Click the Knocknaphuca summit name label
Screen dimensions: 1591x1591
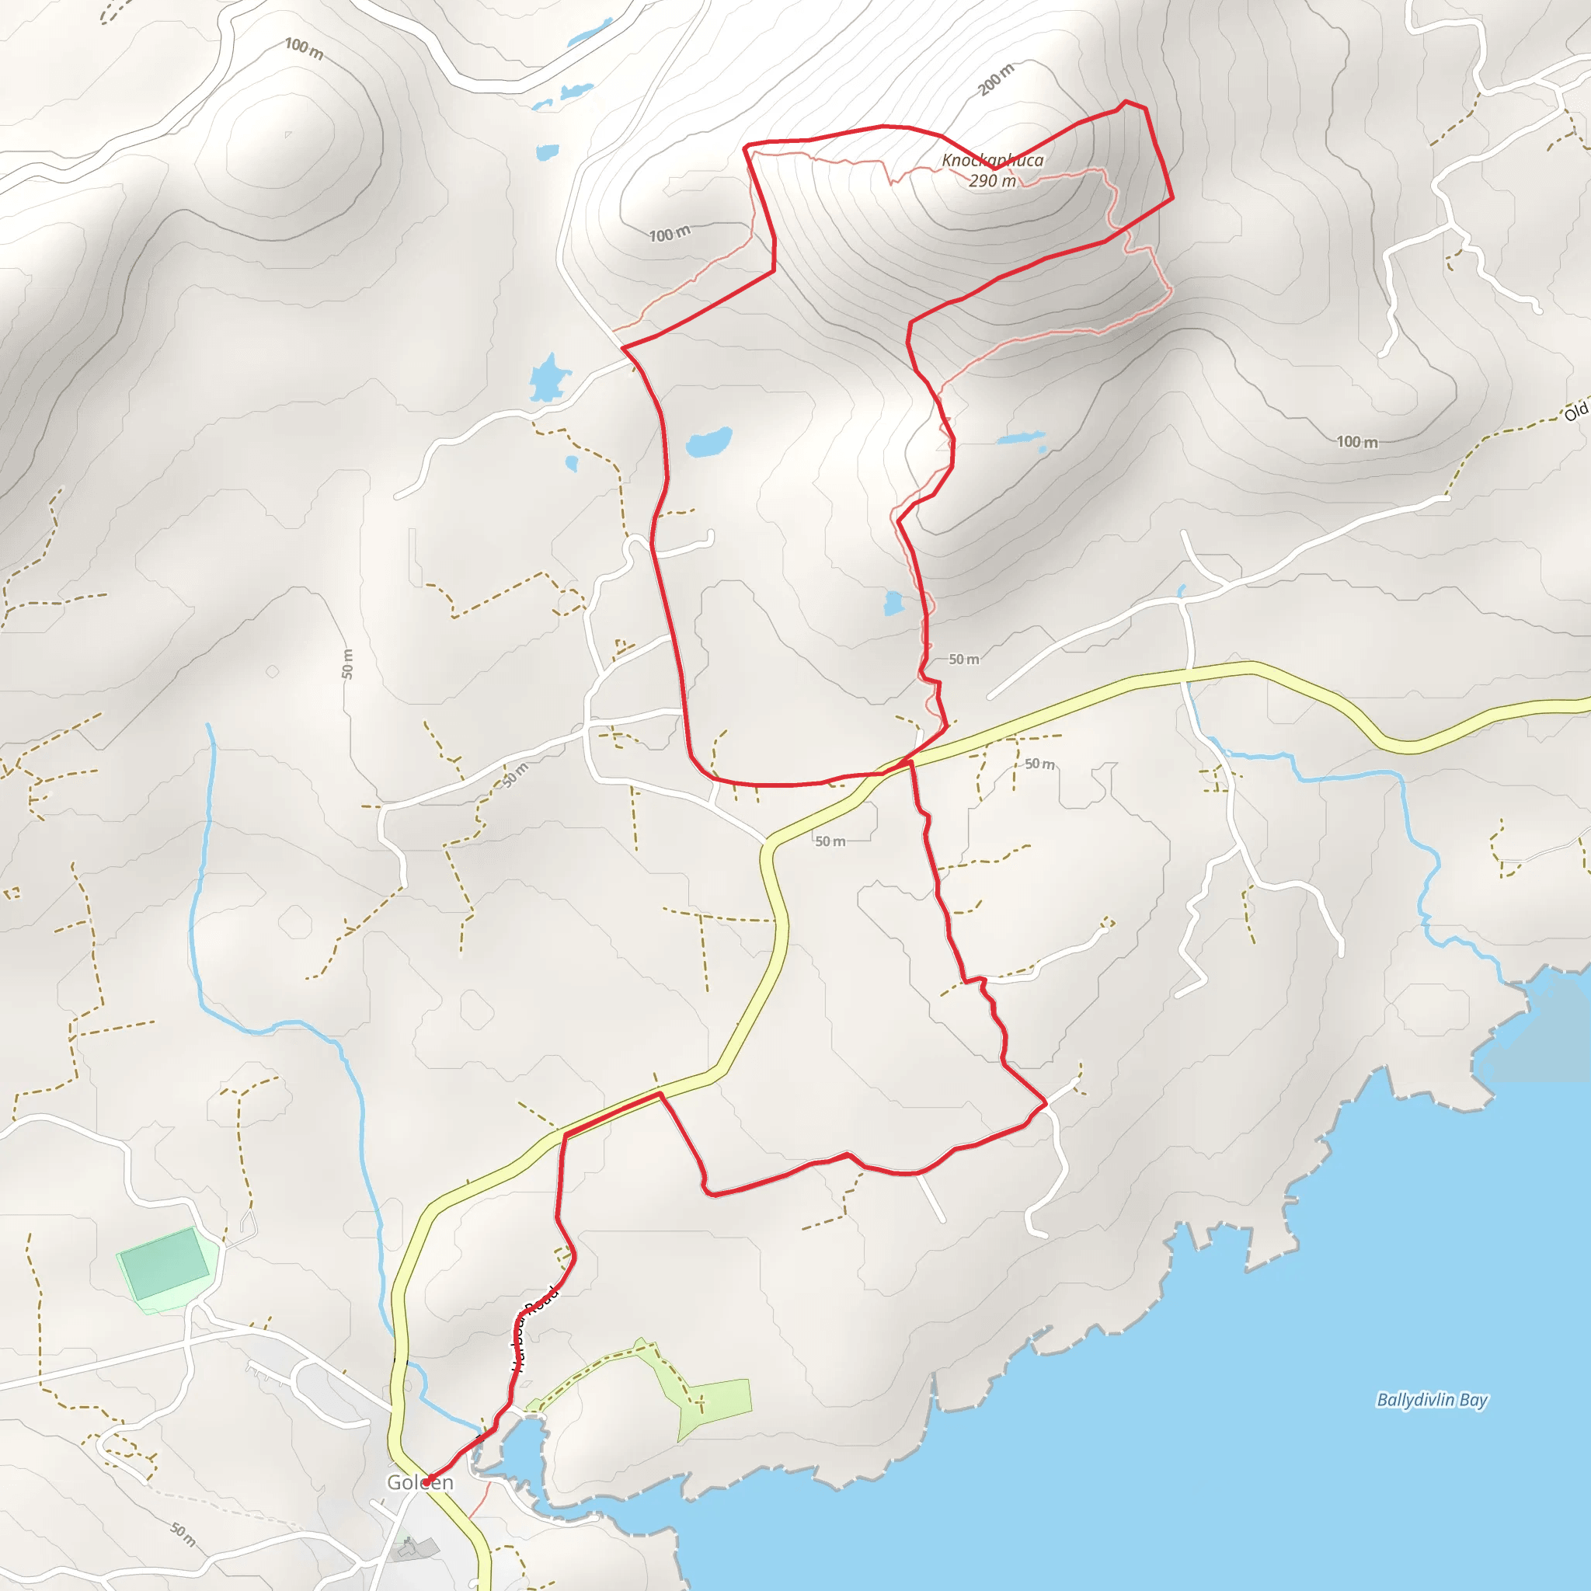[x=992, y=160]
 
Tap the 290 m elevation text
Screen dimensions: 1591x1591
[x=992, y=180]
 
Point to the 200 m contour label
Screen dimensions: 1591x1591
[x=997, y=79]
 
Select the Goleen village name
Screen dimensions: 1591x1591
[x=420, y=1482]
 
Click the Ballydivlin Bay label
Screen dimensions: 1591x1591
[x=1432, y=1400]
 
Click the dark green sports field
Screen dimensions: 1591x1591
[x=165, y=1263]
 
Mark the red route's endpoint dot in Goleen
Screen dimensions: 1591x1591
[x=428, y=1478]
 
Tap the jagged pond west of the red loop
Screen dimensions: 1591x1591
[x=548, y=378]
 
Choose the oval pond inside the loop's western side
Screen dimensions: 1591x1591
[x=708, y=441]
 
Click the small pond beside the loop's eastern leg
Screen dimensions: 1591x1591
[x=893, y=604]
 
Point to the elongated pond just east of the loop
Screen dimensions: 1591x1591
[x=1020, y=437]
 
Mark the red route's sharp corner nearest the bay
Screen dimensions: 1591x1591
[x=1045, y=1101]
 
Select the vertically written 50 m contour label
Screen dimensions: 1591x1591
[x=347, y=663]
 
